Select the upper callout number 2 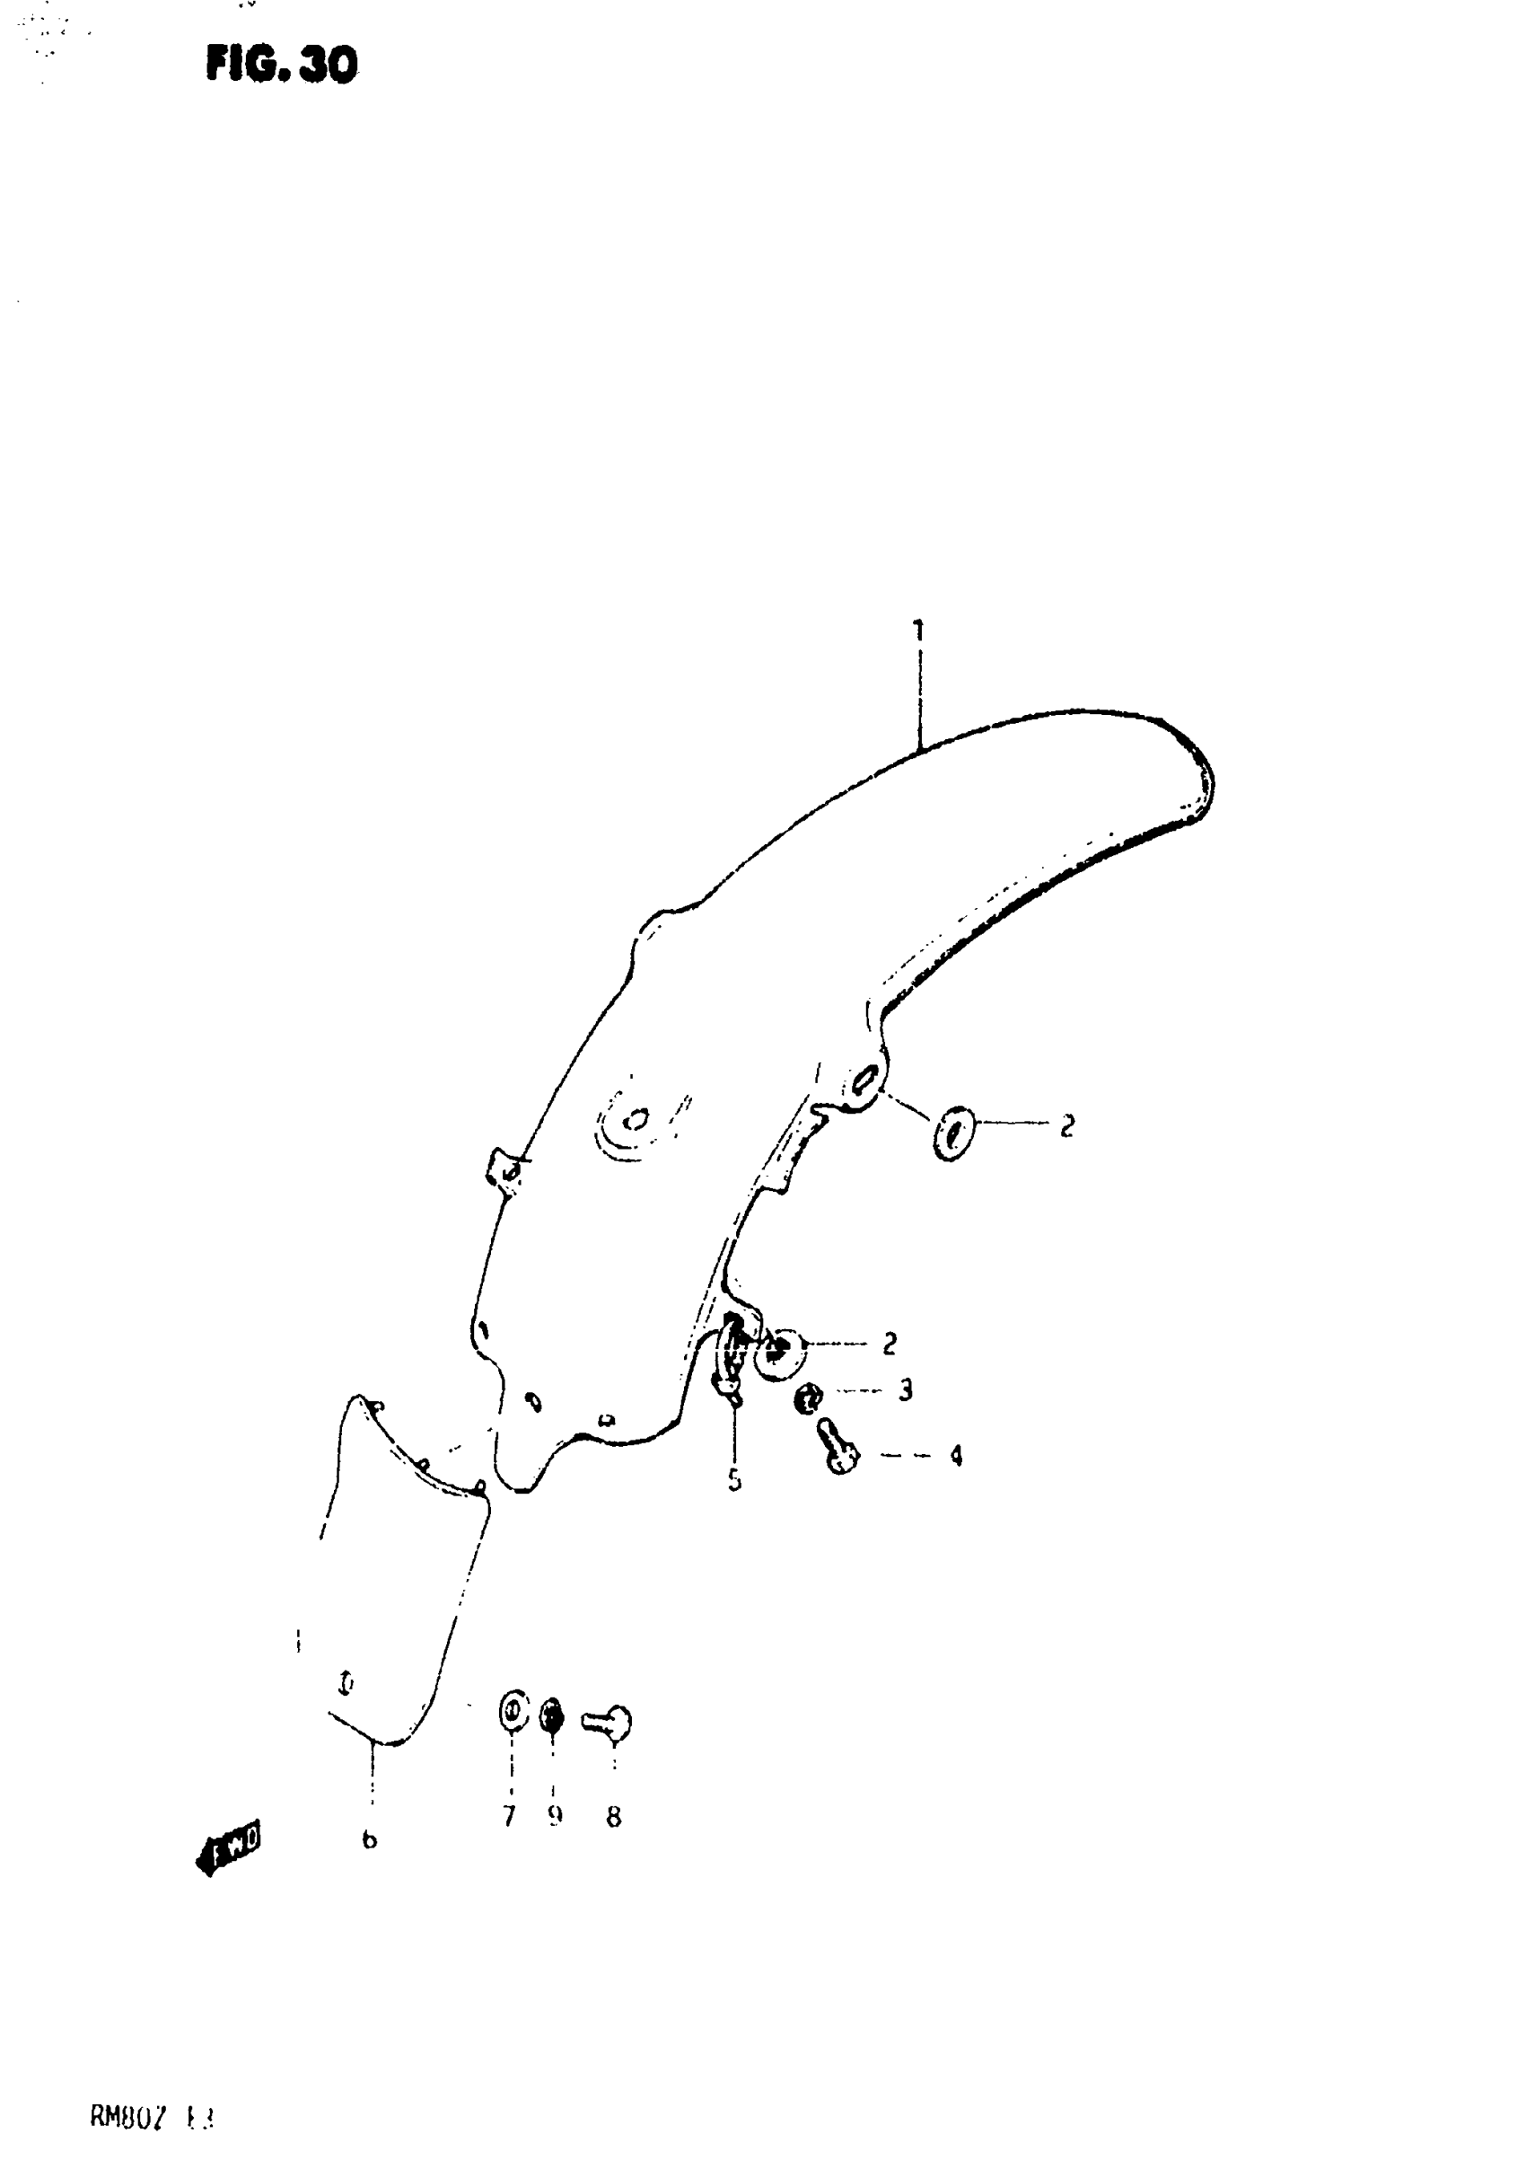[1066, 1126]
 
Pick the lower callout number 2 [889, 1344]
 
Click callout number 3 [905, 1389]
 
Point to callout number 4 [956, 1456]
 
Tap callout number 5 [734, 1480]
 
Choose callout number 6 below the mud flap [369, 1839]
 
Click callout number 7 [509, 1816]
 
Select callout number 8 [614, 1817]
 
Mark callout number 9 [556, 1816]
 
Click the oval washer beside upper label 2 [952, 1133]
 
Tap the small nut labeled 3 [808, 1398]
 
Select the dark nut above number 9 [551, 1715]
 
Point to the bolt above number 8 [610, 1722]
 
